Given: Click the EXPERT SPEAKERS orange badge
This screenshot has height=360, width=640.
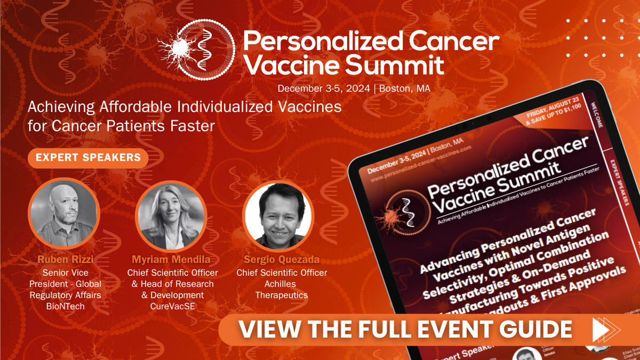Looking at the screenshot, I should (88, 157).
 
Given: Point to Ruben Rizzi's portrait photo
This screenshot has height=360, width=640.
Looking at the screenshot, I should (64, 213).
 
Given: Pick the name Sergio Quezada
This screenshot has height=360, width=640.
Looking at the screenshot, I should (282, 260).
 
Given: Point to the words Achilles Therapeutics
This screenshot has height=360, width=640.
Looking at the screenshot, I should (282, 289).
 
